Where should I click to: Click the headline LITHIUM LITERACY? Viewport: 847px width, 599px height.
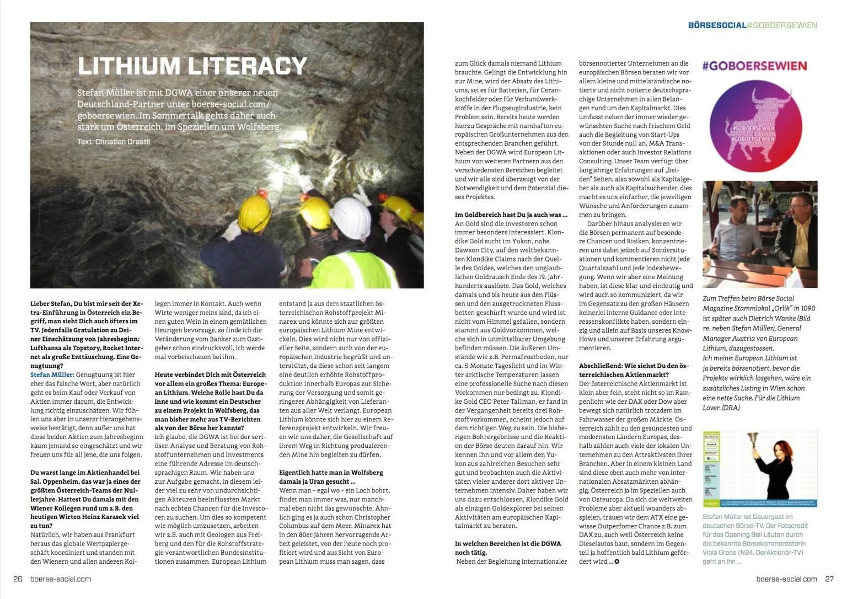pos(192,66)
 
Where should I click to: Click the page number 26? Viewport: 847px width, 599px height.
pos(18,579)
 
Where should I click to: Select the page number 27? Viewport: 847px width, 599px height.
pos(829,579)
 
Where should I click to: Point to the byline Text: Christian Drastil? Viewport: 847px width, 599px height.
pos(114,142)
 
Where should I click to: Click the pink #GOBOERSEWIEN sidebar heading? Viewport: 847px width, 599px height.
pos(754,66)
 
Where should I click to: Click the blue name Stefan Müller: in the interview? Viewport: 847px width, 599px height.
pos(52,375)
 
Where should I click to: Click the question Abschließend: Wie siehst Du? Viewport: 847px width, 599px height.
pos(634,366)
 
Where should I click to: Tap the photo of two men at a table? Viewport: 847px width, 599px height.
pos(759,234)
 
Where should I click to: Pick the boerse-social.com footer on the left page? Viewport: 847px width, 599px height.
pos(60,579)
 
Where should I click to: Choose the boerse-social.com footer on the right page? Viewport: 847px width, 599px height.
pos(786,579)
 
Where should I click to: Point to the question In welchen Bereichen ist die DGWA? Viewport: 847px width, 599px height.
pos(507,548)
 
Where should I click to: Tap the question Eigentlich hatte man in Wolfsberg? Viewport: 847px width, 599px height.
pos(330,477)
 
